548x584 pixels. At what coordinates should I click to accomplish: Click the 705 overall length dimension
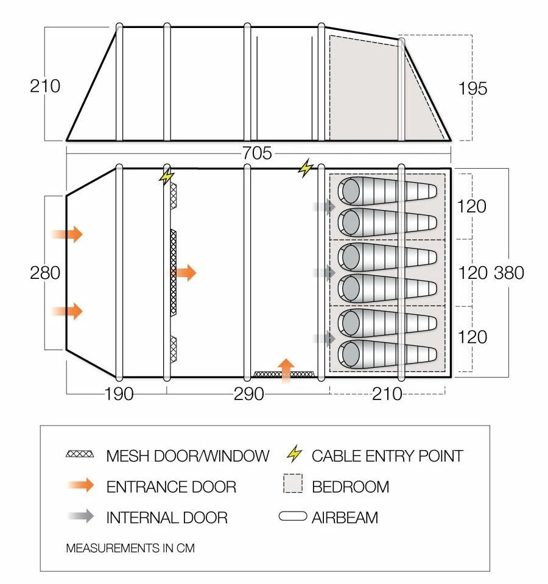coord(256,153)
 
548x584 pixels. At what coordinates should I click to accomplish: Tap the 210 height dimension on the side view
coord(45,86)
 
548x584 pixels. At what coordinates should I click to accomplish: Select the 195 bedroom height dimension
coord(472,88)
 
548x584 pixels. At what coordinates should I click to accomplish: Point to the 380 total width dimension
coord(509,272)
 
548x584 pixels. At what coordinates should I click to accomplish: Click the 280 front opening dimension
coord(45,272)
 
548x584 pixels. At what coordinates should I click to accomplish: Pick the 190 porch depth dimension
coord(119,394)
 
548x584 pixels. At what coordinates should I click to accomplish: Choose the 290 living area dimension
coord(249,394)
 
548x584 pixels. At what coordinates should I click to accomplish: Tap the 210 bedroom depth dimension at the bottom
coord(388,394)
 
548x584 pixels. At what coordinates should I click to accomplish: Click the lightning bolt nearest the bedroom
coord(305,167)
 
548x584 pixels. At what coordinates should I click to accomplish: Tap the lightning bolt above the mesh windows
coord(166,176)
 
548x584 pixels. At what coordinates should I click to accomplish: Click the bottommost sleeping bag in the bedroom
coord(387,356)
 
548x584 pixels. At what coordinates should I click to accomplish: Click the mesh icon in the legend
coord(80,454)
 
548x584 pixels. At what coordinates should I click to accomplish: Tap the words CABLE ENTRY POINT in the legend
coord(387,456)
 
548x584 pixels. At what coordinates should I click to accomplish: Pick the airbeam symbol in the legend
coord(293,516)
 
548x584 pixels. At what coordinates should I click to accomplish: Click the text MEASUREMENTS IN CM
coord(130,548)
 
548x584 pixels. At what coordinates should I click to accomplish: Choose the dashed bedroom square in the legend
coord(293,485)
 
